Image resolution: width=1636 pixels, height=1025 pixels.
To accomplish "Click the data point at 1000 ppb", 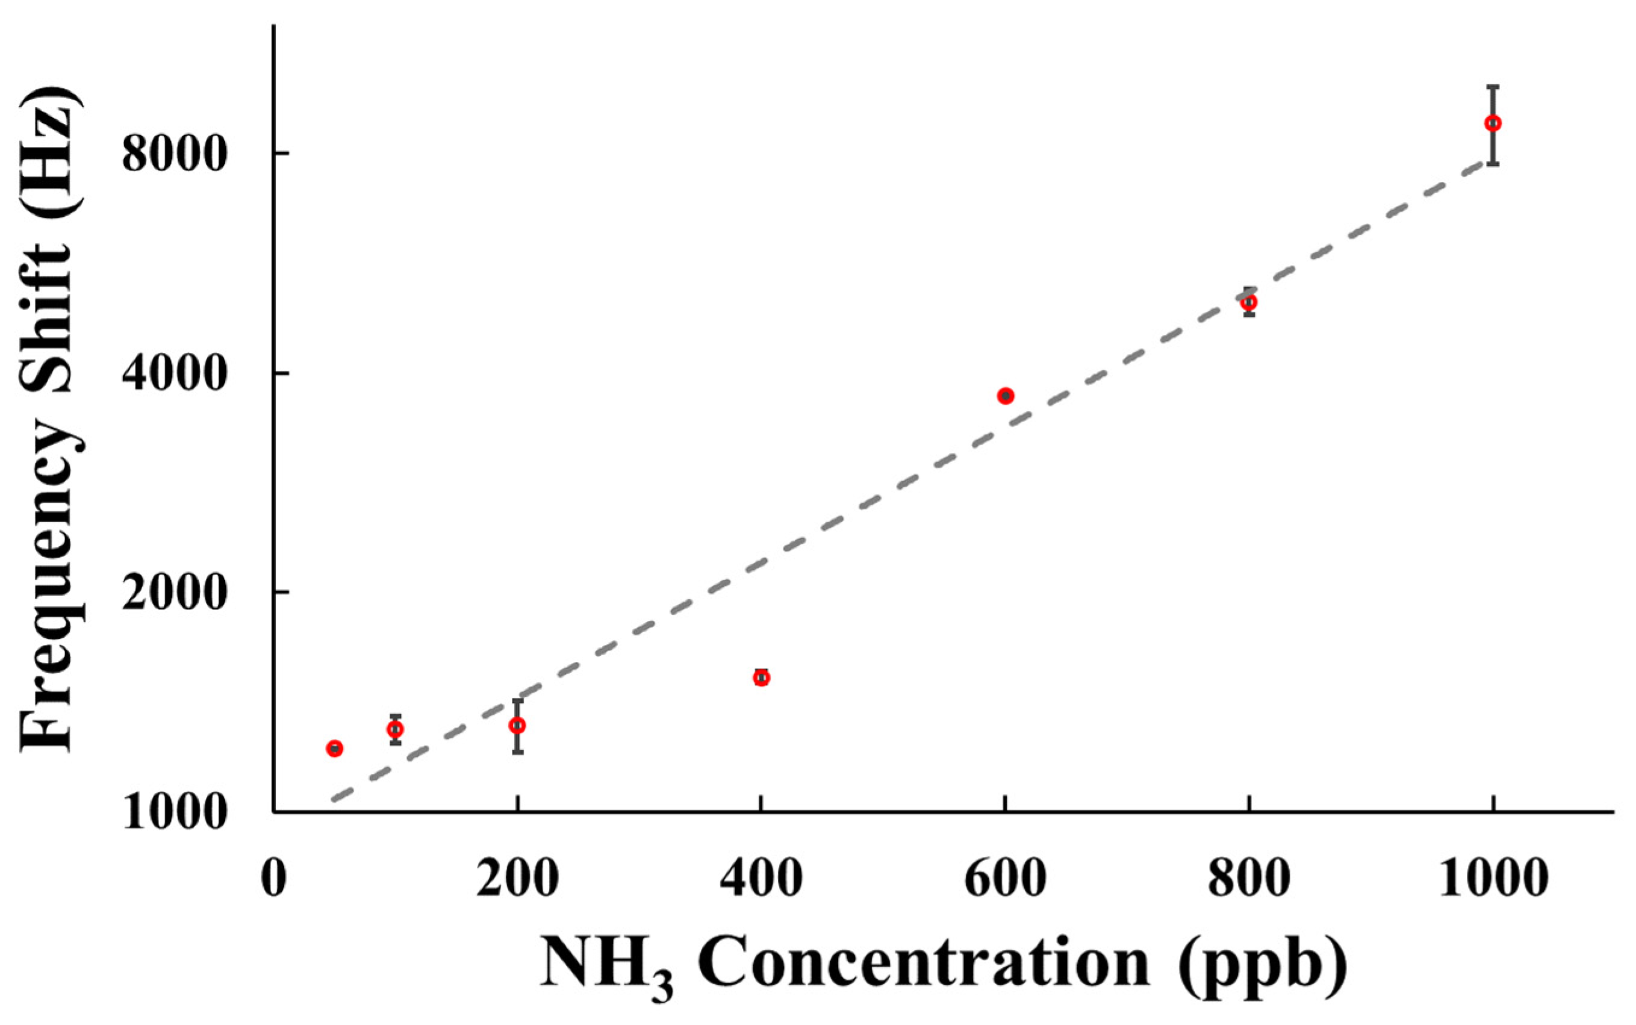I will click(1492, 123).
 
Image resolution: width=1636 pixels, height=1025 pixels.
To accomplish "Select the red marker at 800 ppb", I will click(1249, 302).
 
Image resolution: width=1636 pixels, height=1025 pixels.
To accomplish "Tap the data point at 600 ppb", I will click(1006, 396).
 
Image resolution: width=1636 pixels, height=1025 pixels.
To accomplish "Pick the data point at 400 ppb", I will click(762, 678).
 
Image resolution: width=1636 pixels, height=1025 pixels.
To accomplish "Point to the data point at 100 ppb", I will click(396, 729).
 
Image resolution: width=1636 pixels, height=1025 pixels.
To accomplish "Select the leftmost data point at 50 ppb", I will click(335, 749).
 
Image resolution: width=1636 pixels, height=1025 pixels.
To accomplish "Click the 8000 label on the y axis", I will click(173, 155).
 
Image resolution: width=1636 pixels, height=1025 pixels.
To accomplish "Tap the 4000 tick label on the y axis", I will click(173, 374).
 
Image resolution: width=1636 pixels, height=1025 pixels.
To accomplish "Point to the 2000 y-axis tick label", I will click(173, 594).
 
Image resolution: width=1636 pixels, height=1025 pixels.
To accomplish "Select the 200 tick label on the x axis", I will click(518, 879).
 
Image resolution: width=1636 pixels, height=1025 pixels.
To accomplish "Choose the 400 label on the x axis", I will click(762, 879).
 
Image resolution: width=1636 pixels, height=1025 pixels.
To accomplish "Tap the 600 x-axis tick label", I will click(1006, 879).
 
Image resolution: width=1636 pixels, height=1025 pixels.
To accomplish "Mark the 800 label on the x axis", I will click(1249, 879).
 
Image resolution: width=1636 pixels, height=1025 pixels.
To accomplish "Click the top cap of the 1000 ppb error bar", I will click(1492, 87).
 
